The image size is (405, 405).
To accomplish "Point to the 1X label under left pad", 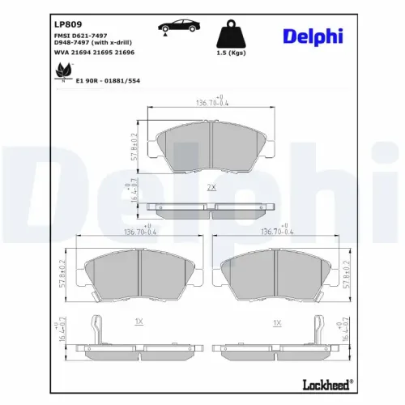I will coord(138,322).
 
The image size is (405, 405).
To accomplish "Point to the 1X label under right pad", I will coord(276,322).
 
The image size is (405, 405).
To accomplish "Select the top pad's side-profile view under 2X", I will coord(211,209).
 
